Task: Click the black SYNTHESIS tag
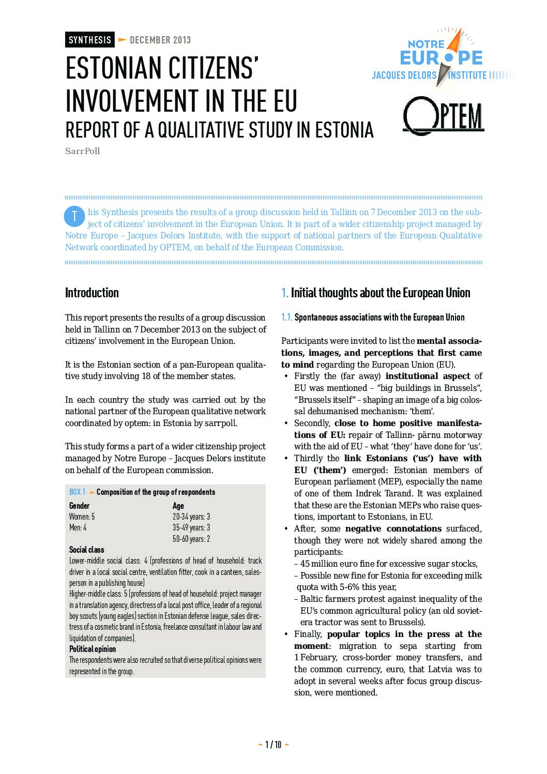(x=90, y=40)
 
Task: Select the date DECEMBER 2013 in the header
(x=160, y=40)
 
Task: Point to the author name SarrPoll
(x=82, y=151)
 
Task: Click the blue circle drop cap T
(x=74, y=216)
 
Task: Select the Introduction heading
(x=92, y=293)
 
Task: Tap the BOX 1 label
(x=78, y=492)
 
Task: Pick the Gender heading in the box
(x=79, y=506)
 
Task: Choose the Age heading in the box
(x=178, y=506)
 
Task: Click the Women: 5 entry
(x=82, y=517)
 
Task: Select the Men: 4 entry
(x=78, y=527)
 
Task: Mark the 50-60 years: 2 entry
(x=191, y=539)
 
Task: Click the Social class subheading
(x=86, y=550)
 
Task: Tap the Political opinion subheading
(x=93, y=649)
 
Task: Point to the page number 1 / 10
(x=273, y=745)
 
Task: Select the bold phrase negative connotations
(x=393, y=528)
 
